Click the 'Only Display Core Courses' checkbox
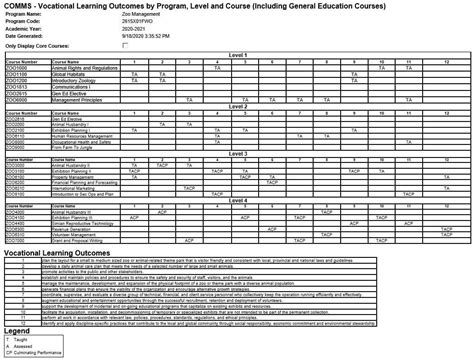click(x=125, y=46)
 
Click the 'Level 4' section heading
click(x=237, y=199)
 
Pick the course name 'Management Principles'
click(x=76, y=100)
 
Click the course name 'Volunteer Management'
click(x=76, y=236)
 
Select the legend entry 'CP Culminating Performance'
click(x=34, y=353)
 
